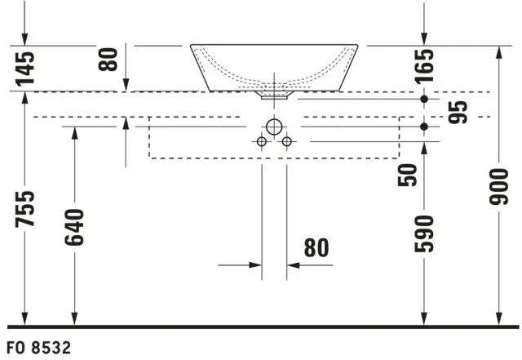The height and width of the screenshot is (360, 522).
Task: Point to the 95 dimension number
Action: coord(458,112)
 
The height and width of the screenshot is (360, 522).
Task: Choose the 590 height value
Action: coord(423,233)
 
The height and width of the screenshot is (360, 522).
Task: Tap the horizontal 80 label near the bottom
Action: coord(316,248)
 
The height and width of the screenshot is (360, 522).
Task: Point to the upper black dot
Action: coord(423,99)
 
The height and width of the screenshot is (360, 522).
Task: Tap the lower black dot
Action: coord(423,127)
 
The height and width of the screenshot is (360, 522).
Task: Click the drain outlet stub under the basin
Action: coord(274,96)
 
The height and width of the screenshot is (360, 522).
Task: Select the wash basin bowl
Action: coord(274,65)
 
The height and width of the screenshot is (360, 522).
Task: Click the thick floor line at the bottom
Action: coord(261,327)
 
